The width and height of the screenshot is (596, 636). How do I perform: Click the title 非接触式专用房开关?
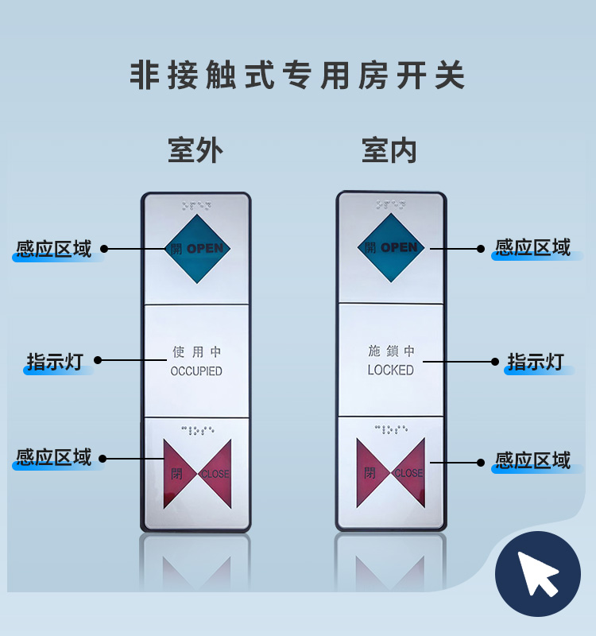coord(297,75)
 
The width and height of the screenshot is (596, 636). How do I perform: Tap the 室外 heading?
coord(195,150)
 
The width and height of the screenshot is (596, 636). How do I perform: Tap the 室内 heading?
coord(389,150)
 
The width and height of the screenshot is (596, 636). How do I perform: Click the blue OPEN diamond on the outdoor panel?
coord(197,249)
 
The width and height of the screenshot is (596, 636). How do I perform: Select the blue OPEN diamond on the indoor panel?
coord(391,247)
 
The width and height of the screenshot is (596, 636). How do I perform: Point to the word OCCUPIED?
coord(196,371)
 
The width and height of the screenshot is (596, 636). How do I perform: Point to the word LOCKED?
coord(390,370)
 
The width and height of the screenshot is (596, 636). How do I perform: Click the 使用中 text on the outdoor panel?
coord(196,351)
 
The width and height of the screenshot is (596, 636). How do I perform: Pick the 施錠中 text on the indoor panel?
coord(391,351)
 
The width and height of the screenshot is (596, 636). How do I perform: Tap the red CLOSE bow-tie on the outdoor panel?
coord(197,474)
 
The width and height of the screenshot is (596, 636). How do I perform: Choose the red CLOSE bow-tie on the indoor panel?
coord(391,472)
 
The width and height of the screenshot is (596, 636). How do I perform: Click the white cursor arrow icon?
coord(537,574)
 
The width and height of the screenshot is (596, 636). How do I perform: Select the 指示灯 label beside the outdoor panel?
coord(55,362)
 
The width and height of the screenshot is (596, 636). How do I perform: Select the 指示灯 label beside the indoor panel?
coord(536,362)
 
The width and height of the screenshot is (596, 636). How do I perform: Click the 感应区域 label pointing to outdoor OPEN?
coord(54,249)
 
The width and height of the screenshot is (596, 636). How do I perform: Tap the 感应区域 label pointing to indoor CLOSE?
coord(532,461)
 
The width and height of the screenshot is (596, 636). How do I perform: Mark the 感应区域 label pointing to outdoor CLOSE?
coord(54,457)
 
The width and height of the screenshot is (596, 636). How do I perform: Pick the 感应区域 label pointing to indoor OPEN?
coord(532,247)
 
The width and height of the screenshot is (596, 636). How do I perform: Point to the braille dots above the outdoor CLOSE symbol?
coord(197,430)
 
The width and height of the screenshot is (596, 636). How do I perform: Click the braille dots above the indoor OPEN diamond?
coord(390,204)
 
